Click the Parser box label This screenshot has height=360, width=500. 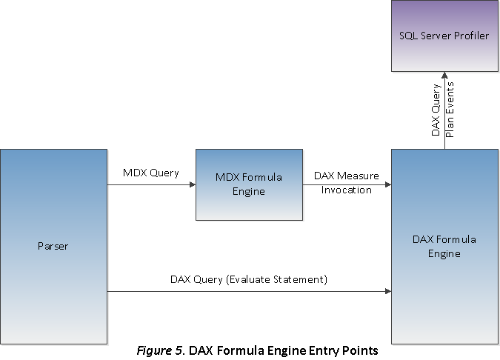(x=53, y=246)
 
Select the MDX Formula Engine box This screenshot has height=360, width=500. (x=249, y=184)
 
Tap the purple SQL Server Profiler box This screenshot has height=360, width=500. (x=444, y=36)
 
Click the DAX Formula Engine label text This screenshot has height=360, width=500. (x=444, y=247)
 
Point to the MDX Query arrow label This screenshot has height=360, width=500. (x=151, y=173)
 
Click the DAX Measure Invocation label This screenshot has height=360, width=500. (x=347, y=182)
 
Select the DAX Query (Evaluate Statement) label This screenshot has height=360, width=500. (x=249, y=279)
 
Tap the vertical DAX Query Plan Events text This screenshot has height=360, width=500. (x=442, y=110)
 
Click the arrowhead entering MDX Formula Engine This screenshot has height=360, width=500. (x=191, y=184)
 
